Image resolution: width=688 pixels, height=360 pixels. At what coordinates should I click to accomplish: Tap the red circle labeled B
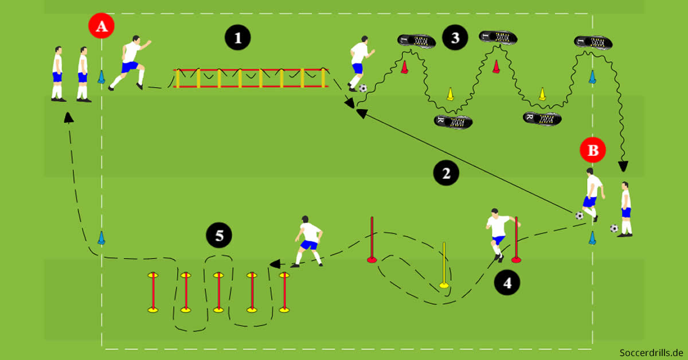(x=593, y=151)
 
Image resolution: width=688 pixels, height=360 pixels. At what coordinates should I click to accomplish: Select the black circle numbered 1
(x=238, y=38)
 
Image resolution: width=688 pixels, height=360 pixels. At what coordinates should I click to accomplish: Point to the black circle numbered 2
(x=447, y=172)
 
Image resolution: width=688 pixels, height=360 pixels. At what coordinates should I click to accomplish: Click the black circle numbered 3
(x=455, y=38)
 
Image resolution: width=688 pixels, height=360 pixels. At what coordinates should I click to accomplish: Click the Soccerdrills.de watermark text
(x=652, y=351)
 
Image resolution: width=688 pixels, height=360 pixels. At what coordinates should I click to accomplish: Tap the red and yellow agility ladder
(x=251, y=78)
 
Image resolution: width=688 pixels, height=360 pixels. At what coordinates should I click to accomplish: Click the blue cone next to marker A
(x=101, y=77)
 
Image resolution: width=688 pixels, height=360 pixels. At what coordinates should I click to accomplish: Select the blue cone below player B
(x=592, y=238)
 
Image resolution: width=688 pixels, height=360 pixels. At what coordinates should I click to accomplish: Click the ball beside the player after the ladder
(x=363, y=88)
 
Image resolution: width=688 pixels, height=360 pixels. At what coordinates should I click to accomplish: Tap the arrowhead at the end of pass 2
(x=360, y=112)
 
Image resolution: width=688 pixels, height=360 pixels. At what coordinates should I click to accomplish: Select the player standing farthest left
(x=57, y=75)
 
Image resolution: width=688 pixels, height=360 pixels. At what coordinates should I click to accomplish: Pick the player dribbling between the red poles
(x=498, y=232)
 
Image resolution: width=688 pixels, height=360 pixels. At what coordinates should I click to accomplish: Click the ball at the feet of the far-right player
(x=614, y=228)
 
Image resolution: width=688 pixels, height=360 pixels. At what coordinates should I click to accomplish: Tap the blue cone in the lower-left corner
(x=101, y=238)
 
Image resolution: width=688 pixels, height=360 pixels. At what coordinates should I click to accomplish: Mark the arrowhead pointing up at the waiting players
(x=68, y=117)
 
